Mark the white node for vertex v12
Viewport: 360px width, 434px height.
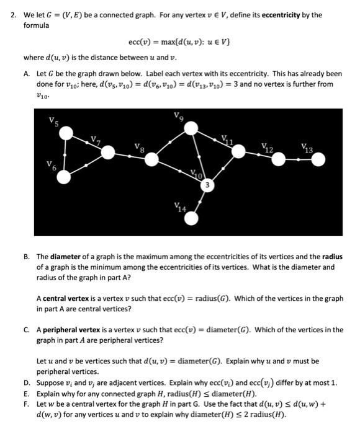pos(278,160)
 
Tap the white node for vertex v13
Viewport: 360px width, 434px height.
pos(318,160)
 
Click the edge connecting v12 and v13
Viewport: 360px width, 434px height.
pos(298,160)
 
